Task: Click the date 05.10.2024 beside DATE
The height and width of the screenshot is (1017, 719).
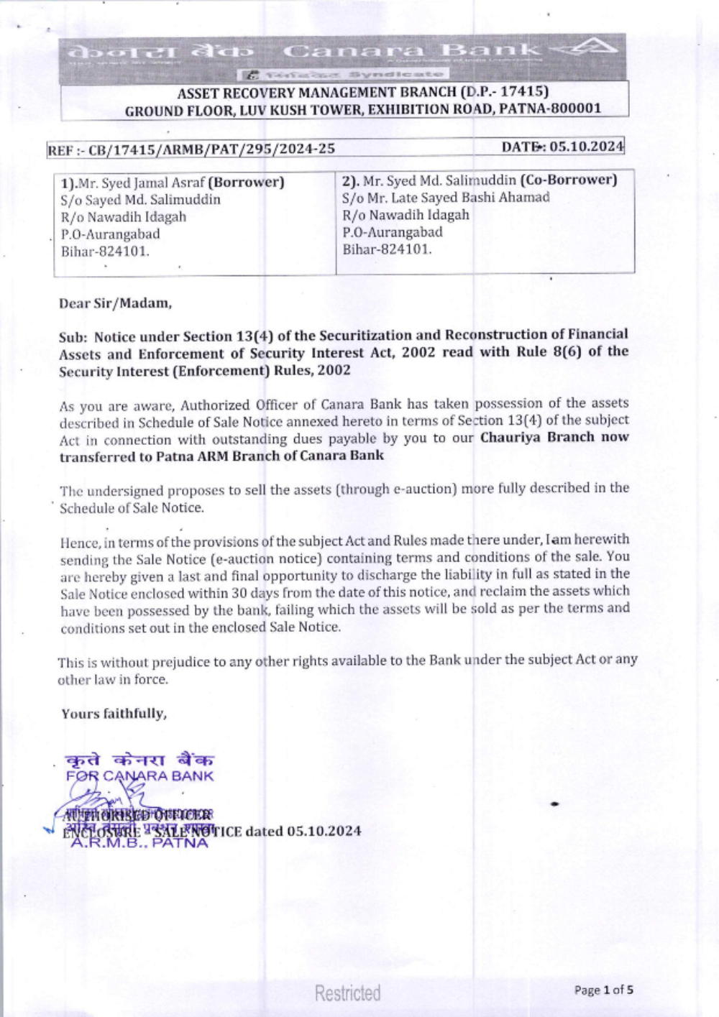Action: [x=587, y=147]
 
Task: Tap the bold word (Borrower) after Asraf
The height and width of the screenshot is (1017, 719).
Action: [x=246, y=183]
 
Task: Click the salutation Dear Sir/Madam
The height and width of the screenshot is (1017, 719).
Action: [x=115, y=303]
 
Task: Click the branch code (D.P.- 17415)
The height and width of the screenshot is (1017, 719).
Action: [x=504, y=91]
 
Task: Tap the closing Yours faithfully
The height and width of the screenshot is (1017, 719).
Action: [x=114, y=714]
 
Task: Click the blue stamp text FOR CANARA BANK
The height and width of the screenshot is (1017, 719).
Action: [x=139, y=776]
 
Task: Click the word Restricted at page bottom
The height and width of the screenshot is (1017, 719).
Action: [x=348, y=993]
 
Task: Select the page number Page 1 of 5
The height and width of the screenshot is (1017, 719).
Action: [x=603, y=990]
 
